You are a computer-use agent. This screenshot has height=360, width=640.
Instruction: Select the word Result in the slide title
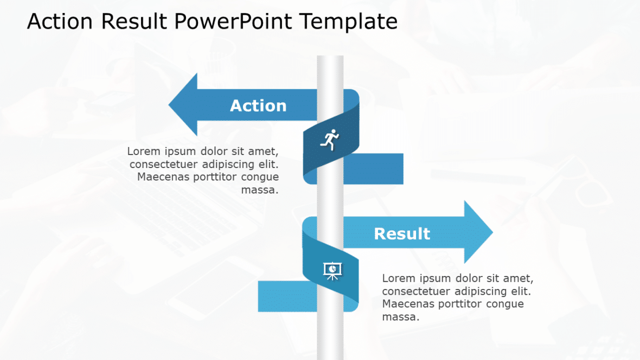click(135, 21)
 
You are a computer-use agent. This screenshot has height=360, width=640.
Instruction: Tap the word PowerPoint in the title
click(233, 21)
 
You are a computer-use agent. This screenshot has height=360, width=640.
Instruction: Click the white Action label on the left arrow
click(258, 106)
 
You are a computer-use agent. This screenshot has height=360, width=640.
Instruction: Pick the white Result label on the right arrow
click(402, 234)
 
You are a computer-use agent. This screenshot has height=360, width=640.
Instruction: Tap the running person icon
click(330, 140)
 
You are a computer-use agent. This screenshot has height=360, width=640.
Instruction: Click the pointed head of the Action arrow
click(169, 105)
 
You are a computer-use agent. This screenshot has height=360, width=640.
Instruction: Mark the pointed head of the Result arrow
click(492, 232)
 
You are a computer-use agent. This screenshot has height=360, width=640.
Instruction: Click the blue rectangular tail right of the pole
click(373, 169)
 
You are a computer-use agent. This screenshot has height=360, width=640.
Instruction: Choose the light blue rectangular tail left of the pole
click(287, 297)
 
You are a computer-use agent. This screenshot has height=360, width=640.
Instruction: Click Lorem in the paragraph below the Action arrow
click(144, 151)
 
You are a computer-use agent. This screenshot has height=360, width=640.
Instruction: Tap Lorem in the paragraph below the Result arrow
click(399, 278)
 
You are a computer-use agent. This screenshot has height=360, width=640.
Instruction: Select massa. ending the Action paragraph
click(260, 190)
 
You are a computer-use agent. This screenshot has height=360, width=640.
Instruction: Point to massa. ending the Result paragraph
click(401, 317)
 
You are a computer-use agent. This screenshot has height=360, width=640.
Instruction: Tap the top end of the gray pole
click(330, 56)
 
